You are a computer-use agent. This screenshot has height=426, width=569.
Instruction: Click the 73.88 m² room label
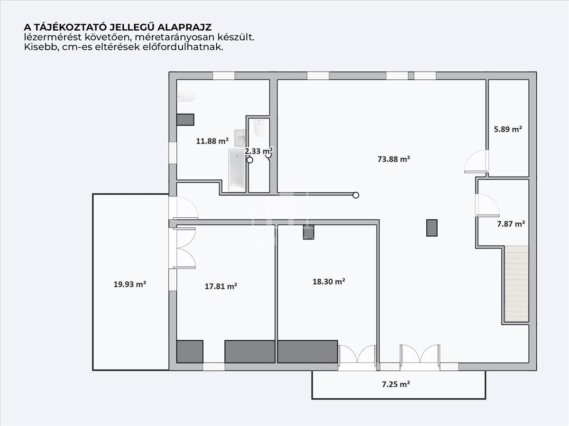point(394,159)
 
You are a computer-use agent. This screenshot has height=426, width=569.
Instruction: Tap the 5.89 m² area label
point(508,129)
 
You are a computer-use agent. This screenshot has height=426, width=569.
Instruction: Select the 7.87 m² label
point(511,224)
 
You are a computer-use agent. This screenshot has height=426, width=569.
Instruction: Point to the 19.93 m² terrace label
point(129,284)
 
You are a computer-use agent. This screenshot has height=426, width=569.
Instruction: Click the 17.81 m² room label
point(221,286)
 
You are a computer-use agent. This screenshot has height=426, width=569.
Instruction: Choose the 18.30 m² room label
point(329,282)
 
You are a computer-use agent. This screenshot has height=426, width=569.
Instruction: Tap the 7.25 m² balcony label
point(396,384)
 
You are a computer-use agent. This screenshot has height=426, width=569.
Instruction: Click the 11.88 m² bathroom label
point(212,141)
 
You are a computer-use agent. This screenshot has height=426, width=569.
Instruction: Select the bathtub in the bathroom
point(237,170)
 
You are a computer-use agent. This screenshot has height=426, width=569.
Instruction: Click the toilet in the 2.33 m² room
point(259,128)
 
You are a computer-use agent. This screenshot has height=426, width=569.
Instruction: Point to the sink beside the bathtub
point(240,138)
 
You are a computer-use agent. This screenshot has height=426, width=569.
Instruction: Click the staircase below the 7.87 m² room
point(516,284)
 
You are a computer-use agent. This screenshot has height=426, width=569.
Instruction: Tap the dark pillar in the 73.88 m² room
point(432,228)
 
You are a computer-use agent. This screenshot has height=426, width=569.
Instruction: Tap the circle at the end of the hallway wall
point(356,195)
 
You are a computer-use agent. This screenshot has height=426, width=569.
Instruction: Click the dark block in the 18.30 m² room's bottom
point(308,352)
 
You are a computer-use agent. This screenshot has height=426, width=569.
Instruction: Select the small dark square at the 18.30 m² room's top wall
point(309,232)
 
